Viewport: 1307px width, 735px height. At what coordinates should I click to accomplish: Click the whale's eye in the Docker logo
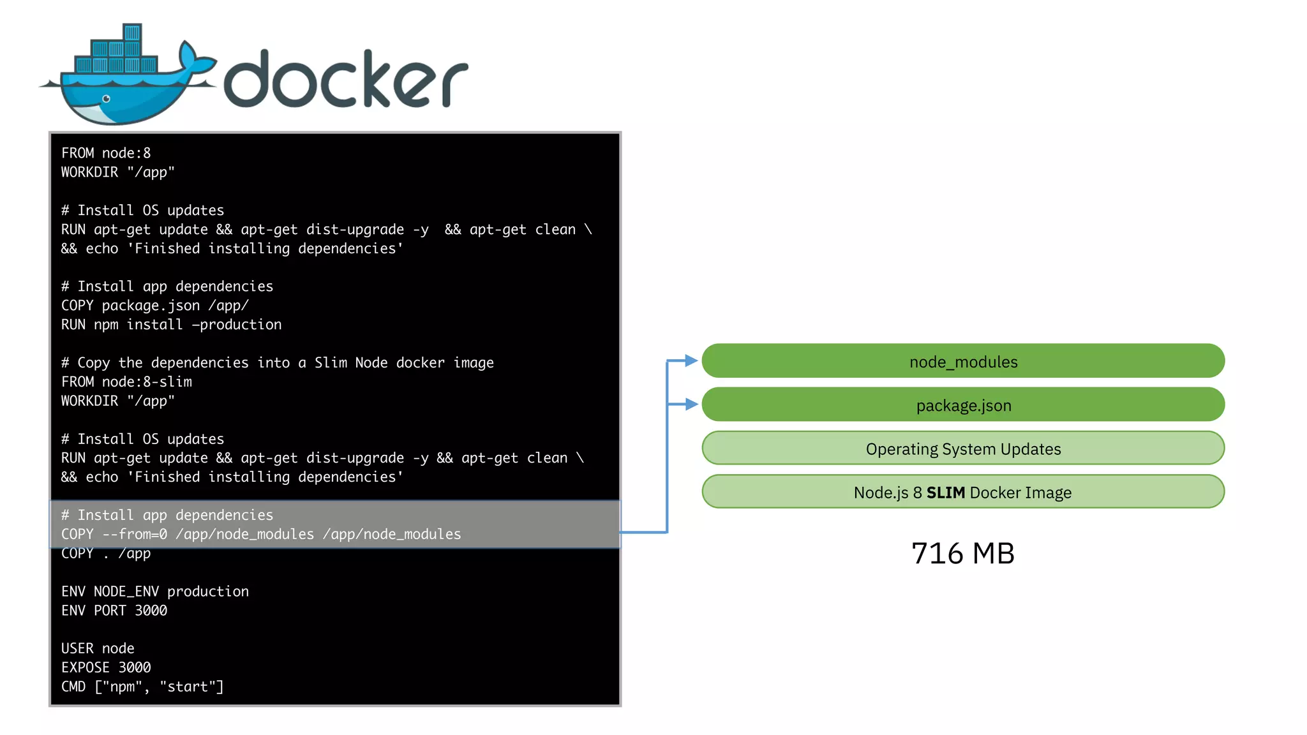[x=106, y=99]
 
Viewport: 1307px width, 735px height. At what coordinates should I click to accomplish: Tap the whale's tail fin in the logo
[x=195, y=61]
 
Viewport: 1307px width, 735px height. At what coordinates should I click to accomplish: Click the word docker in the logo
[x=345, y=80]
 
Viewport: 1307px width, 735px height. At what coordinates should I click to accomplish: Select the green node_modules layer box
[x=962, y=361]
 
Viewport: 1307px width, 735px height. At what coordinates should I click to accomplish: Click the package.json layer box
[x=962, y=405]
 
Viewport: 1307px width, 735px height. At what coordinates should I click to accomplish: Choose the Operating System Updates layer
[x=962, y=449]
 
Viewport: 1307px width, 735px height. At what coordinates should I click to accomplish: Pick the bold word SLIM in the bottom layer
[x=945, y=493]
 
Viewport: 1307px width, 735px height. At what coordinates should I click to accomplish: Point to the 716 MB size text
[x=962, y=553]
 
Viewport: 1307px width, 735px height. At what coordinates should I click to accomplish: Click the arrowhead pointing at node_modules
[x=691, y=360]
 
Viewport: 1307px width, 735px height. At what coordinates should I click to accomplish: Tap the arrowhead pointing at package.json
[x=691, y=404]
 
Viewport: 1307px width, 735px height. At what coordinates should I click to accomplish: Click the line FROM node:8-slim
[x=126, y=382]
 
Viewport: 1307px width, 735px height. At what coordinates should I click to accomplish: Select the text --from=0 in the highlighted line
[x=135, y=534]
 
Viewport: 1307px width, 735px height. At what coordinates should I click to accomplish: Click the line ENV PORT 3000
[x=114, y=611]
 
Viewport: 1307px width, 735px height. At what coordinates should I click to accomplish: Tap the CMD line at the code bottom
[x=142, y=687]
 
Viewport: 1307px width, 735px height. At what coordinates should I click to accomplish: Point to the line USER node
[x=98, y=648]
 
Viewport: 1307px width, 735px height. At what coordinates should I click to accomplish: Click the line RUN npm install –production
[x=171, y=325]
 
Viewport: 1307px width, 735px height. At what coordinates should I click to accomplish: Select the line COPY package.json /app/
[x=154, y=306]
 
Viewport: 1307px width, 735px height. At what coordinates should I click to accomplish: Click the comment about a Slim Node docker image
[x=277, y=362]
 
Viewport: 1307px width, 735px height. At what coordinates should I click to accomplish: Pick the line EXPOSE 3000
[x=106, y=667]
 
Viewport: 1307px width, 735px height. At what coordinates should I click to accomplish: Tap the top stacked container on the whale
[x=132, y=33]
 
